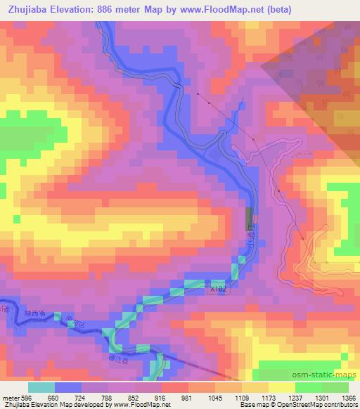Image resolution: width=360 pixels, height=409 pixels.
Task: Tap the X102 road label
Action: click(218, 288)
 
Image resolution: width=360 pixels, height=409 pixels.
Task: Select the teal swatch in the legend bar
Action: click(41, 387)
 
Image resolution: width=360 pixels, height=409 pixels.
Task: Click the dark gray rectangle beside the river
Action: click(248, 219)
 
